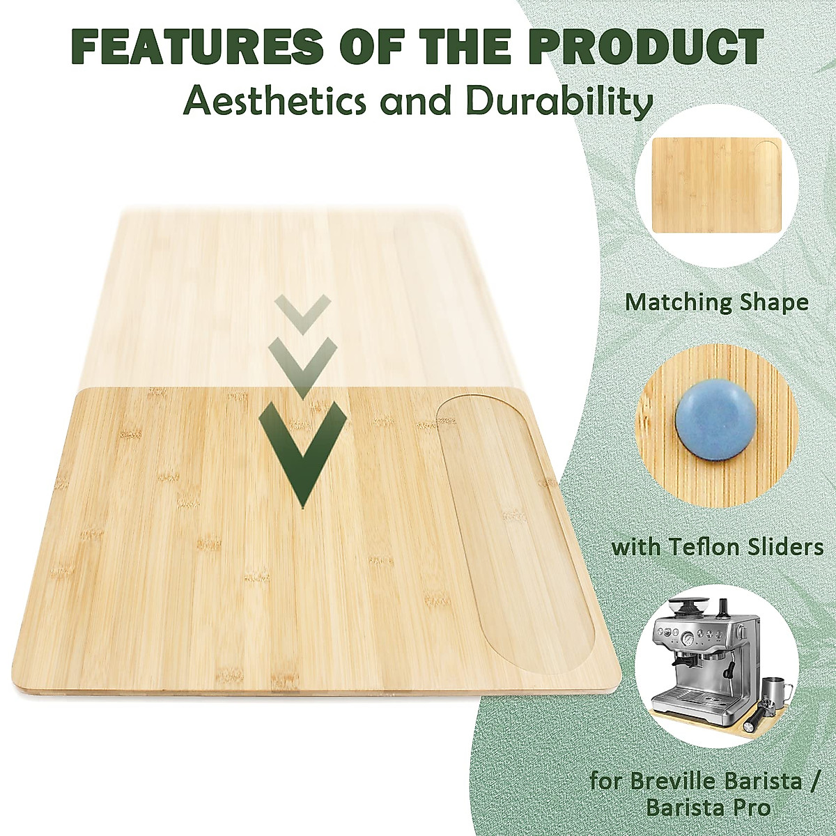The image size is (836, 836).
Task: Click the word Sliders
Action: tap(789, 547)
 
